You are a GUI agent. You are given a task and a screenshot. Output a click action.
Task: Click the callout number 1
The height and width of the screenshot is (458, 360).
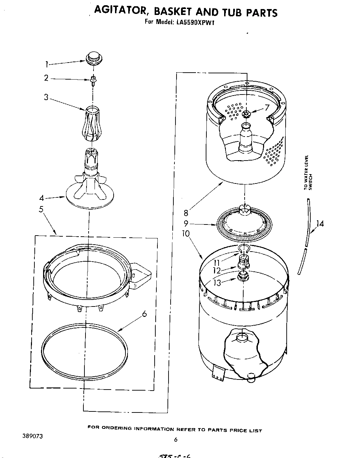46,64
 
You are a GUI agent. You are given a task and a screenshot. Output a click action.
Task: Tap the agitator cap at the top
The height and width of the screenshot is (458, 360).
92,58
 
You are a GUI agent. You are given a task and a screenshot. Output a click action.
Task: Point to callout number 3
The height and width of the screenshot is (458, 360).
46,97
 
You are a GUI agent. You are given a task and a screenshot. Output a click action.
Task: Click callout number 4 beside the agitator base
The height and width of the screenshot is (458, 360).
42,198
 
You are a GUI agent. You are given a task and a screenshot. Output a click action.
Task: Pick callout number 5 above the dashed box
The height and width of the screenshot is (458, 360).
41,210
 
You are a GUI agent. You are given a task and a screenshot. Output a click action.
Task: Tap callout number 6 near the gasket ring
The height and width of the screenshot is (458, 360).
144,314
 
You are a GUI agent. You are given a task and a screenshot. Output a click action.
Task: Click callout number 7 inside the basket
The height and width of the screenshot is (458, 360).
267,108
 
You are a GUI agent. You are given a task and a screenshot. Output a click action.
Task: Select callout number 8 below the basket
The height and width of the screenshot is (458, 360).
186,213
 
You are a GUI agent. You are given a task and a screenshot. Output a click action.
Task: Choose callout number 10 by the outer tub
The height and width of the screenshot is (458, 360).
186,234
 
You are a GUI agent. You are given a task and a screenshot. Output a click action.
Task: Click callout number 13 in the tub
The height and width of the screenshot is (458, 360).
217,283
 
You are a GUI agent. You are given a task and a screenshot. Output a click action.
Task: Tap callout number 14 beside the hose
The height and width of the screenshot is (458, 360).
320,224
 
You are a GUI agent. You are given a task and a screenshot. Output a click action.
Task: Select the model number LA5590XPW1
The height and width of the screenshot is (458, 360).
195,22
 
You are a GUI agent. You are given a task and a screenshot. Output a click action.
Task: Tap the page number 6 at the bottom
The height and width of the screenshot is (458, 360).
176,439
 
